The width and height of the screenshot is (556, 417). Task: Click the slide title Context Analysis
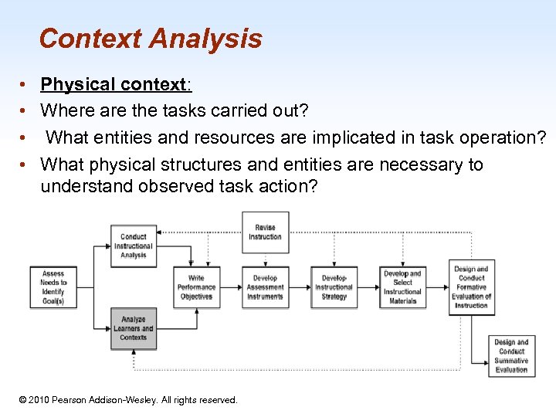[151, 39]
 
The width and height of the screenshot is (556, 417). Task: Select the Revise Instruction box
[265, 232]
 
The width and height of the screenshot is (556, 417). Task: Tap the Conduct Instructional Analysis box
[134, 246]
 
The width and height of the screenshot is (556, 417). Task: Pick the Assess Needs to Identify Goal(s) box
[53, 287]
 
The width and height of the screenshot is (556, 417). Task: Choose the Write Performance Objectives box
[196, 287]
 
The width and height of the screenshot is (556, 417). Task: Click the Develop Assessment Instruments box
[265, 287]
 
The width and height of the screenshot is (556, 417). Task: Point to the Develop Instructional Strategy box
[334, 287]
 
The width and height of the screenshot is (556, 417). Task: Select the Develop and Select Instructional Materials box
[402, 287]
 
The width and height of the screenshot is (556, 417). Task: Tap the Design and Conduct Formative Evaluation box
[471, 287]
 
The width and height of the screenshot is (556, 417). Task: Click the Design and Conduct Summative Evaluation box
[511, 356]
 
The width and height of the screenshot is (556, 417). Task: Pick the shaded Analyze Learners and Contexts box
[134, 328]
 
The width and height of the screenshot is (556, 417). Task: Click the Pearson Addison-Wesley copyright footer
[128, 400]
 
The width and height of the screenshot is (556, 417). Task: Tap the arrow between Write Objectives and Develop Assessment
[231, 287]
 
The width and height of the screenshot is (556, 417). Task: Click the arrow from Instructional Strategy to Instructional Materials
[369, 287]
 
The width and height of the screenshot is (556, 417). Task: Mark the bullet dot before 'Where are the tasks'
[25, 111]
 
